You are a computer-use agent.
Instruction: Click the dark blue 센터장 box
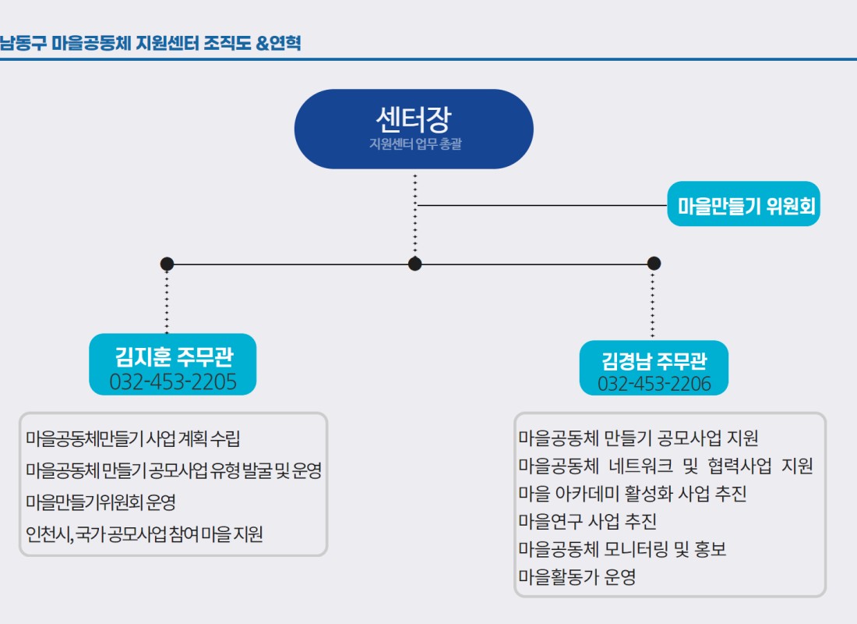click(414, 129)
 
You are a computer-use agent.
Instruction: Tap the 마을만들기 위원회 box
click(743, 204)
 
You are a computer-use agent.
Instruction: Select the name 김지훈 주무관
click(174, 357)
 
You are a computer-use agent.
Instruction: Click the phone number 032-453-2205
click(173, 381)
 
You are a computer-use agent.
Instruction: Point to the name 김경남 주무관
click(654, 360)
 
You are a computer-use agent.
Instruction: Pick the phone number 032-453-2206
click(654, 384)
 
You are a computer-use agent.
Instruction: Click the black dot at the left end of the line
click(167, 264)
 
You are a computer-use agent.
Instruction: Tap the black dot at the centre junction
click(414, 264)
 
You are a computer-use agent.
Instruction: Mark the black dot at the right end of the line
click(654, 264)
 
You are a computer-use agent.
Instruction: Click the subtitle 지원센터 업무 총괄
click(415, 144)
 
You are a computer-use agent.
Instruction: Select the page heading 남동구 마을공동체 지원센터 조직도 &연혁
click(150, 43)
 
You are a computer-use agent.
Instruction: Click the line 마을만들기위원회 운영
click(101, 502)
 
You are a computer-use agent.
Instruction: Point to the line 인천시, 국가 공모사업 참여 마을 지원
click(144, 534)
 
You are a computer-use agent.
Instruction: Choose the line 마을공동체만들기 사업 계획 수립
click(132, 438)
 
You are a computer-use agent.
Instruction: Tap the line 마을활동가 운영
click(577, 577)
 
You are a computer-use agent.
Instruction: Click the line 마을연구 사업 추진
click(587, 521)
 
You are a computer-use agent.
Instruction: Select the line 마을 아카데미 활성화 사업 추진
click(633, 494)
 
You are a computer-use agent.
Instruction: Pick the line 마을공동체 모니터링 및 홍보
click(622, 549)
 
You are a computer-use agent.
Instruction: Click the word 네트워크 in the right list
click(641, 466)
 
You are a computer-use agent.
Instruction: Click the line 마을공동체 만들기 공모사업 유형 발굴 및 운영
click(174, 470)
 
